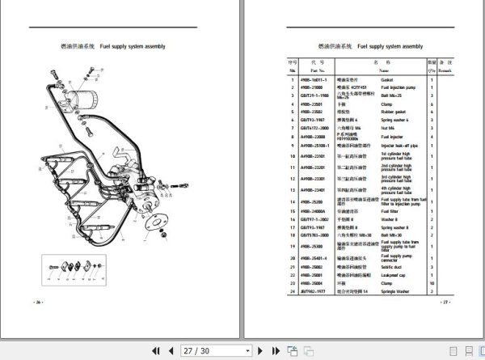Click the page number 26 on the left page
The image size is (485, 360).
pyautogui.click(x=38, y=302)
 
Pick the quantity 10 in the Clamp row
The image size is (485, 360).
pyautogui.click(x=432, y=284)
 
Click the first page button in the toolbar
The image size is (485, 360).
pyautogui.click(x=153, y=351)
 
